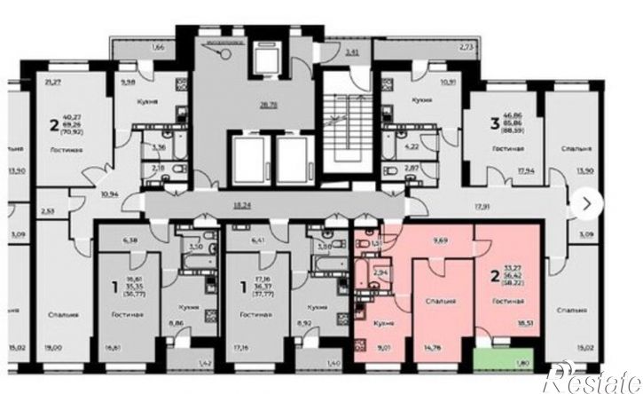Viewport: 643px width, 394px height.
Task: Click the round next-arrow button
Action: point(586,201)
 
